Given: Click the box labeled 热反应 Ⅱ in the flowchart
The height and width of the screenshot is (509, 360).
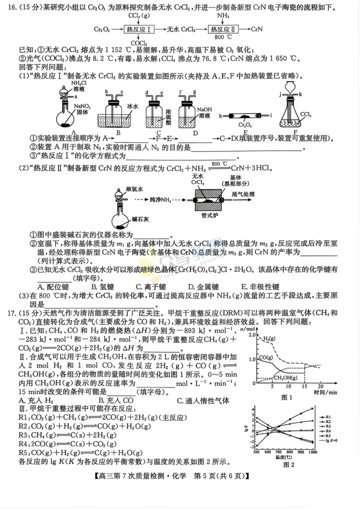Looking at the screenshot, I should (x=223, y=29).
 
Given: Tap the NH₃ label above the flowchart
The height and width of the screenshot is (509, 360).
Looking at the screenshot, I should (x=223, y=16).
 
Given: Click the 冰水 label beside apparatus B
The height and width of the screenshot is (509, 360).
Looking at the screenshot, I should (x=132, y=106).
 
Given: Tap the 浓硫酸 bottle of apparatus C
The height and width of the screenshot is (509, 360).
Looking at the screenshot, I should (x=154, y=117).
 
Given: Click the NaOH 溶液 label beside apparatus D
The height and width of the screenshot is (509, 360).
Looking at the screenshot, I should (x=204, y=112).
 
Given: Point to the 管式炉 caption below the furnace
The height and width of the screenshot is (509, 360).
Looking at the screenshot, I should (x=209, y=216).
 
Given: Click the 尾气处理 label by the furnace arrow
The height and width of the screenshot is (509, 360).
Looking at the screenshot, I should (x=243, y=194).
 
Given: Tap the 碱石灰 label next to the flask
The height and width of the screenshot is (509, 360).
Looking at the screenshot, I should (x=140, y=219).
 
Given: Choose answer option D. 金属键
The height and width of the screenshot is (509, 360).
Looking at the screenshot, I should (x=203, y=287).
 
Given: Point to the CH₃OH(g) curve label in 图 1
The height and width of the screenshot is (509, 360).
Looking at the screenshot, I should (x=285, y=378).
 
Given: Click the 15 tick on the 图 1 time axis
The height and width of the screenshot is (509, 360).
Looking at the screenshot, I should (x=304, y=386).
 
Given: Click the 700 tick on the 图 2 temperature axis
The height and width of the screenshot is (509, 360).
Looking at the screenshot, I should (x=278, y=452).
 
